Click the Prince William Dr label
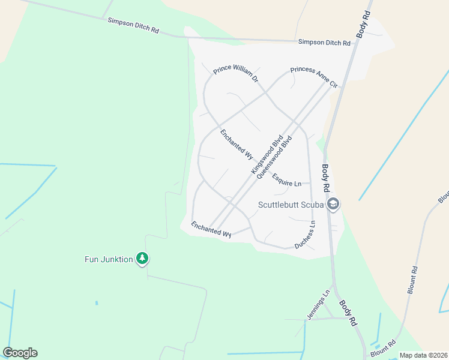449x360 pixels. [235, 74]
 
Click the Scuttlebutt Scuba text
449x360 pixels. [291, 205]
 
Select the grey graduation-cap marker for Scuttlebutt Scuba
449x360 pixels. [333, 205]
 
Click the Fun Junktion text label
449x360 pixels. [107, 259]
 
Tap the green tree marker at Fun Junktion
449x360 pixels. [142, 259]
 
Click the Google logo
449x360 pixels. [20, 353]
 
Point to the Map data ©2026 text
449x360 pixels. [423, 355]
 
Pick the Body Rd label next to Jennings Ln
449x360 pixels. [348, 313]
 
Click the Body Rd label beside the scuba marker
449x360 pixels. [326, 178]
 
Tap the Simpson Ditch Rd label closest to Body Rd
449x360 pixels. [324, 43]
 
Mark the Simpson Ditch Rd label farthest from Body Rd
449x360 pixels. [133, 25]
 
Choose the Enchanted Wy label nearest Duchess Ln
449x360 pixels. [211, 230]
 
